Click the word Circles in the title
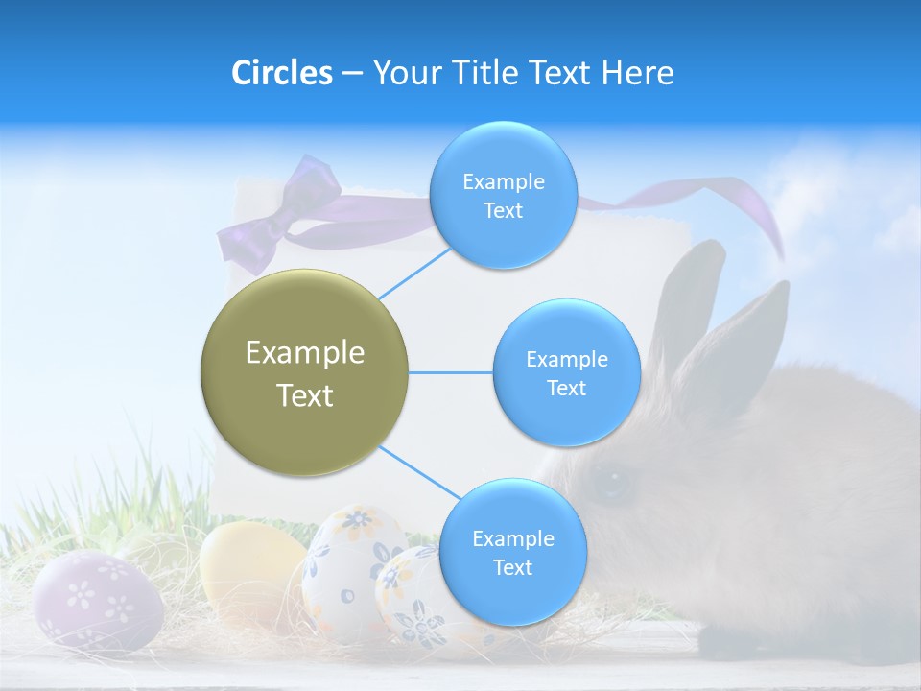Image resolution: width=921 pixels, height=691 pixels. [281, 73]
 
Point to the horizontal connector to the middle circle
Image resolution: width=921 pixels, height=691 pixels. [451, 372]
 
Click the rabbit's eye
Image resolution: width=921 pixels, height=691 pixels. [610, 480]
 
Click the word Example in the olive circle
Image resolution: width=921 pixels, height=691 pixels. [304, 352]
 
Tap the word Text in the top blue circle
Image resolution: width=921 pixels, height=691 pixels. [503, 211]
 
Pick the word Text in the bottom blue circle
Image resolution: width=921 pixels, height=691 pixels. [512, 568]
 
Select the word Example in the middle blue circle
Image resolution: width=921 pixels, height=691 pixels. [566, 360]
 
